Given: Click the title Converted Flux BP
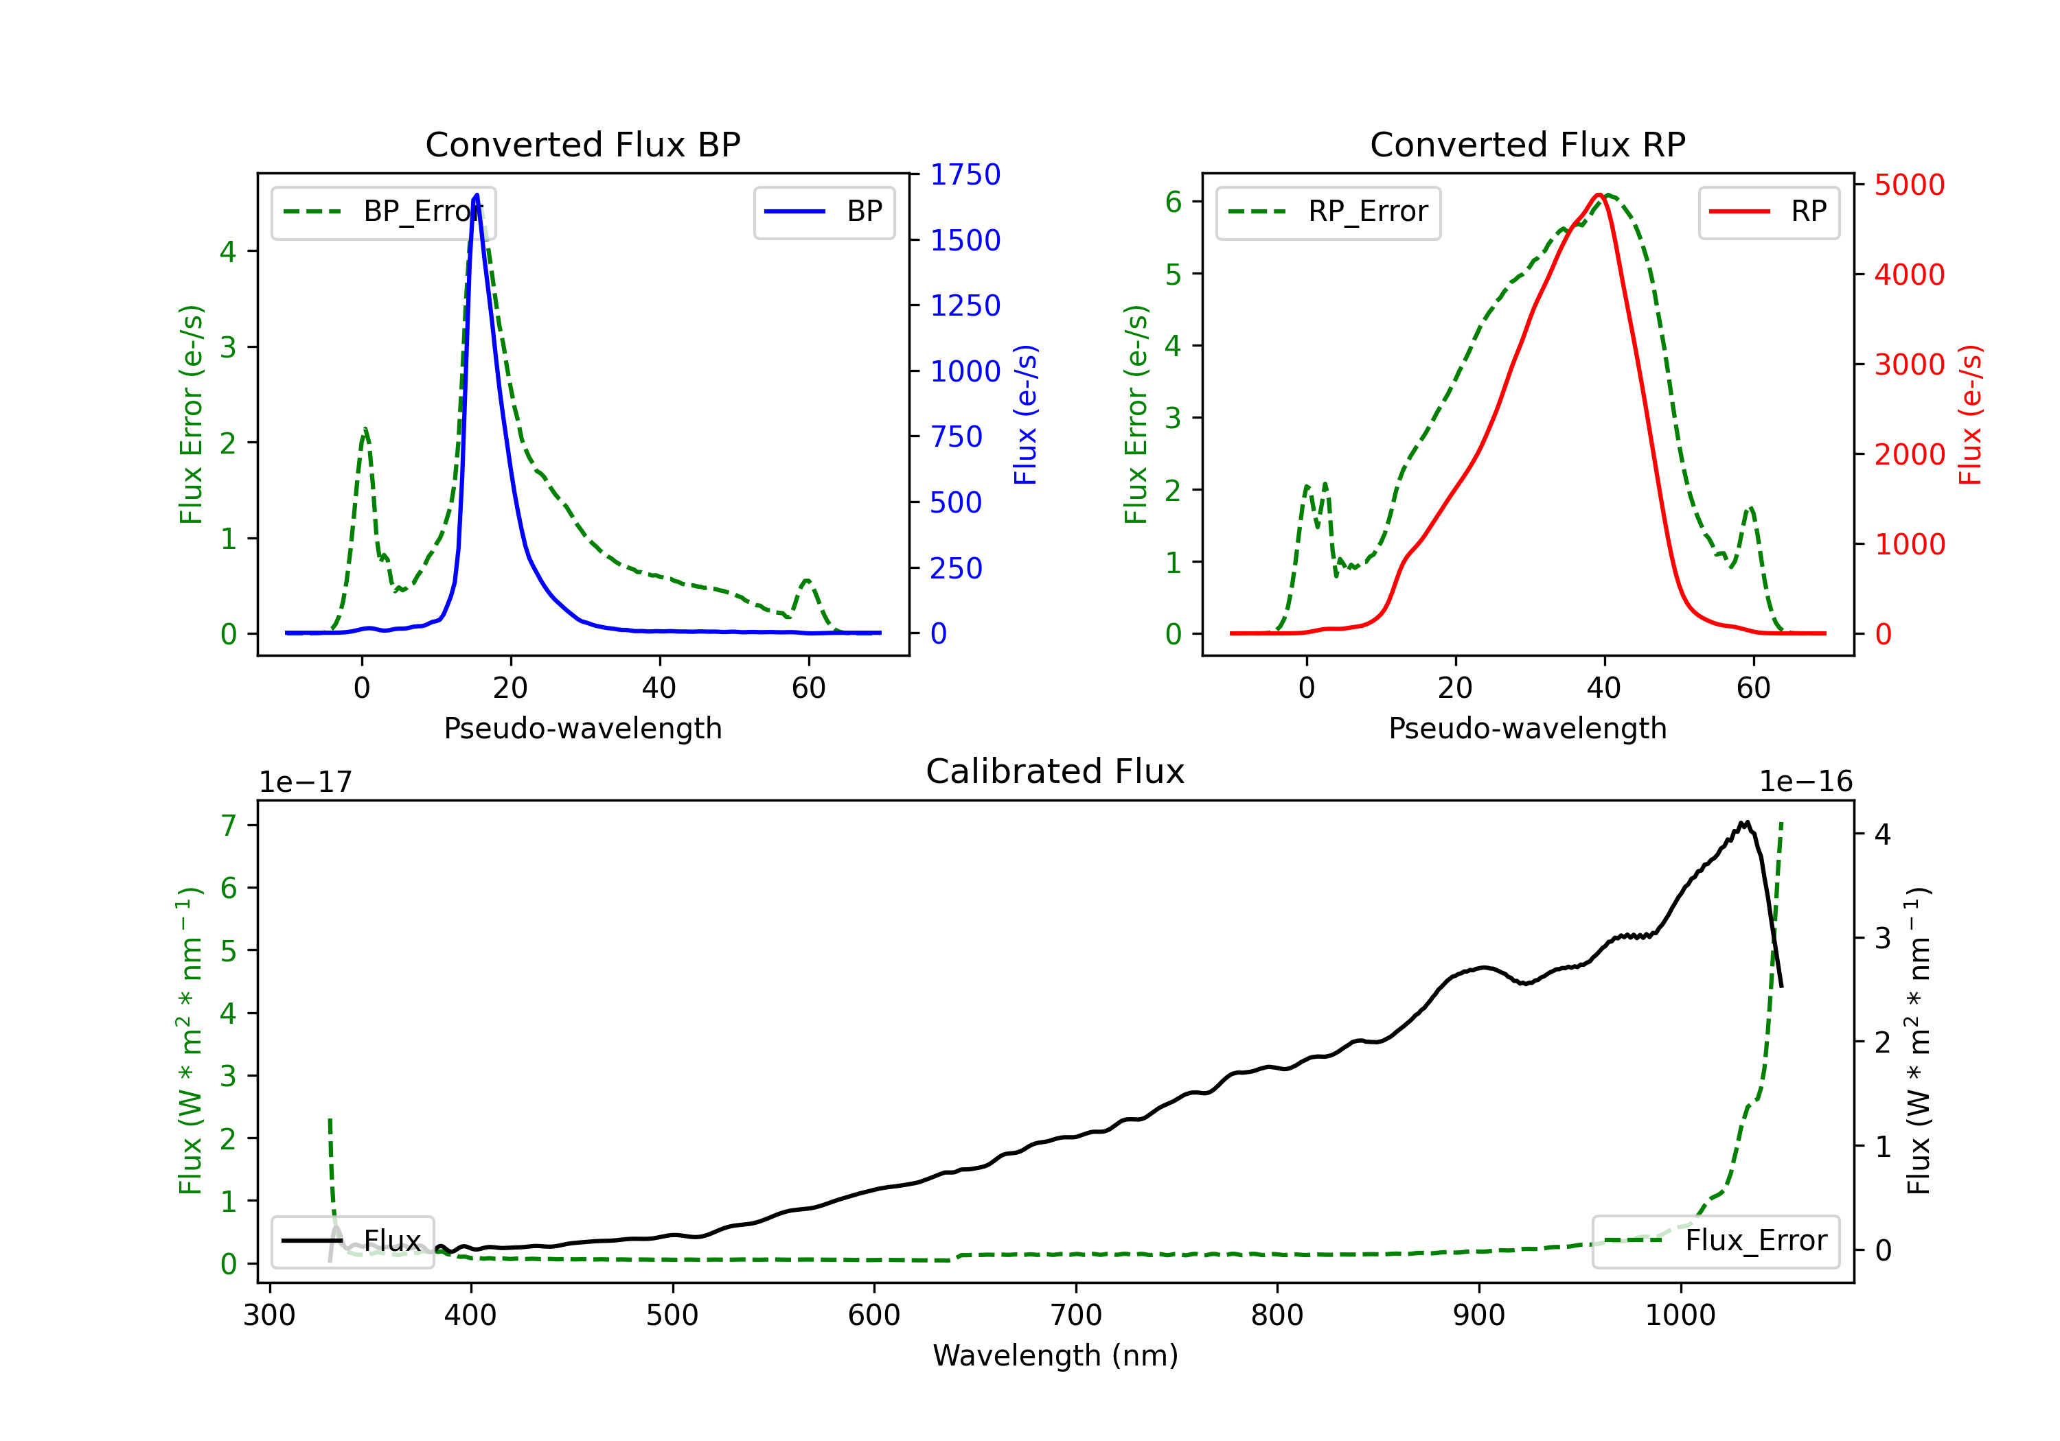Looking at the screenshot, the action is (x=582, y=144).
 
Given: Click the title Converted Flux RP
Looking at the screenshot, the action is (x=1527, y=144).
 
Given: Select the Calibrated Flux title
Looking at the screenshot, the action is (x=1055, y=771).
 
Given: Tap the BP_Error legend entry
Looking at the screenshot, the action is (x=383, y=211).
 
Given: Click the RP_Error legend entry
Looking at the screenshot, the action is (x=1328, y=211).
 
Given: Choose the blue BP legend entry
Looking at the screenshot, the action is (x=823, y=211).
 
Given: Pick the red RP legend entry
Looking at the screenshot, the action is (x=1767, y=211).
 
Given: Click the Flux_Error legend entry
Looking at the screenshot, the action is (x=1715, y=1241).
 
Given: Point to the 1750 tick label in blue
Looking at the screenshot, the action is (x=965, y=175).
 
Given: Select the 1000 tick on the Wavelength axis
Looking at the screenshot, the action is (x=1680, y=1315).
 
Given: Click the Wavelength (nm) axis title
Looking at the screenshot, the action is (x=1055, y=1356).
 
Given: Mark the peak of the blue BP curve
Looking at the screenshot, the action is (x=477, y=195).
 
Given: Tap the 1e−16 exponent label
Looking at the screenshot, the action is (x=1805, y=782).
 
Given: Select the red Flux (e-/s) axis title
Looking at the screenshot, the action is (x=1970, y=415).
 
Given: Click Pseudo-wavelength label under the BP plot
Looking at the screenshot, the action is (x=583, y=728).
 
